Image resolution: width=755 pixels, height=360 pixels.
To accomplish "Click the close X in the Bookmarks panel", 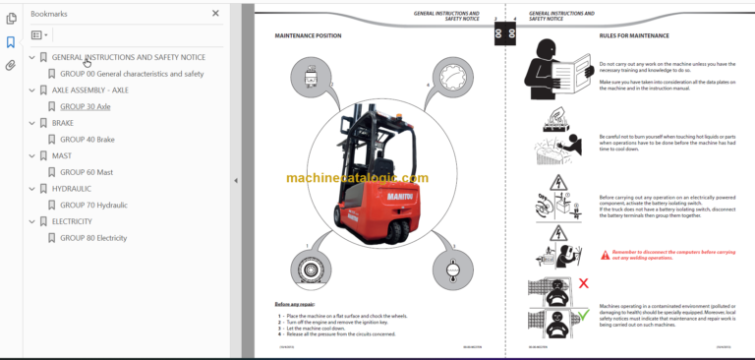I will click(x=216, y=14).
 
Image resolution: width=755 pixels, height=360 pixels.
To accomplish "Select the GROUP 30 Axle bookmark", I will click(x=85, y=106).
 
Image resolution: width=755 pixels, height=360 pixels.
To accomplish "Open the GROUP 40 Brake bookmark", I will click(x=87, y=140).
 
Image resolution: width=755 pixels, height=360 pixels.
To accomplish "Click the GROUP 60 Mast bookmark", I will click(x=86, y=172).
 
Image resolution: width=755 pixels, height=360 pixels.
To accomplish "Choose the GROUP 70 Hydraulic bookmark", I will click(x=93, y=205).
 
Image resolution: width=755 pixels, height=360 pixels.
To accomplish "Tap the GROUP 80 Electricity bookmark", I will click(x=93, y=237).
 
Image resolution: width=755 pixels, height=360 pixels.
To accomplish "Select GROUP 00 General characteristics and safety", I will click(x=132, y=74).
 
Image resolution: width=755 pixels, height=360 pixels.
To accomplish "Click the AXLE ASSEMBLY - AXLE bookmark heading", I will click(x=89, y=90).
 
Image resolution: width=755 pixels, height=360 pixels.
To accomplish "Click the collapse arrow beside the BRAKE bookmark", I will click(x=31, y=123).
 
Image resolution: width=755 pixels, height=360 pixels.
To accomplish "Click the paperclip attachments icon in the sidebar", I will click(x=11, y=66).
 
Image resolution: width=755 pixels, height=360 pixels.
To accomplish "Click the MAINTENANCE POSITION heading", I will click(x=308, y=35).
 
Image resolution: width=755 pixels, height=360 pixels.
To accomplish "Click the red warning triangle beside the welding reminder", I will click(x=606, y=254).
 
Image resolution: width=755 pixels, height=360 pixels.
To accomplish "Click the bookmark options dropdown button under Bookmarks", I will click(x=39, y=34).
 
